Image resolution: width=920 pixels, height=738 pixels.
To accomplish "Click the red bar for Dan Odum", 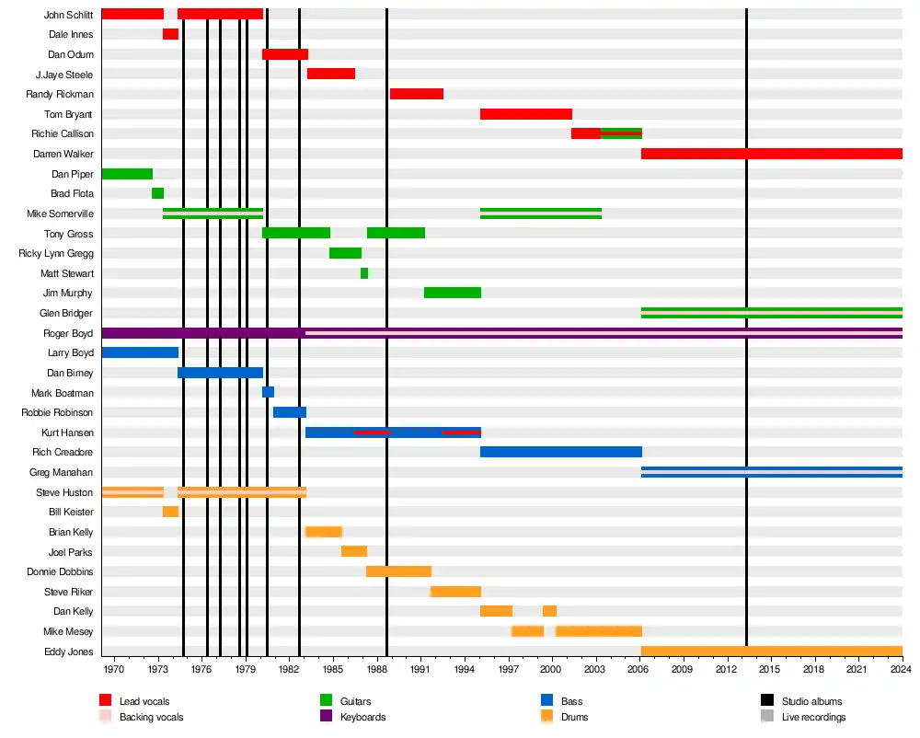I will coord(284,54).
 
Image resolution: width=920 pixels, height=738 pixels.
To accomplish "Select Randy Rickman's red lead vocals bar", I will coord(417,94).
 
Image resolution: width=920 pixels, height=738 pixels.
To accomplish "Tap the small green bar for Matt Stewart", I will coord(364,273).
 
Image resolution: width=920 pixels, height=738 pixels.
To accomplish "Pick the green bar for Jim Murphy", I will coord(453,293).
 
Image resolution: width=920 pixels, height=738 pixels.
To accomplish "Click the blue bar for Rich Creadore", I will coord(560,452).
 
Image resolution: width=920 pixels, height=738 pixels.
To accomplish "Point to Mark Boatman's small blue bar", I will coord(268,392).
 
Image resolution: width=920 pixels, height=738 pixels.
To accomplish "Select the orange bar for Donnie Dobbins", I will coord(398,571).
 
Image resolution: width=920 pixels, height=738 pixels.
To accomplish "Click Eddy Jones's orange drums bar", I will coord(771,652).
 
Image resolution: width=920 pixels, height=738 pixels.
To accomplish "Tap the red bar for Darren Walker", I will coord(771,154).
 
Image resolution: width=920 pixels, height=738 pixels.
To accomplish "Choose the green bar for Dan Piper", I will coord(127,174).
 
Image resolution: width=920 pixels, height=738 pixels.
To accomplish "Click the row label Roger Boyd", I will coord(68,333).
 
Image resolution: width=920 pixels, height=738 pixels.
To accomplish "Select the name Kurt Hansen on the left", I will coord(67,432).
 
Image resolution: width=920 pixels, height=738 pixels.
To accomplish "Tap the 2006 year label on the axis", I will coord(638,669).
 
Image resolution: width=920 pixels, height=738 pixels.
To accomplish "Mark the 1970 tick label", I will coord(115,669).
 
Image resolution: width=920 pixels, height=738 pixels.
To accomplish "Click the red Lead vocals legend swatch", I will coord(105,701).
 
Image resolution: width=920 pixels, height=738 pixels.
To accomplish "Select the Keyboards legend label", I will coord(362,717).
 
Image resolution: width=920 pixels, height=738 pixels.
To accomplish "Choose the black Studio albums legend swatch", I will coord(767,701).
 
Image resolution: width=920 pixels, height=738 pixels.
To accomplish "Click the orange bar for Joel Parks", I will coord(354,551).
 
